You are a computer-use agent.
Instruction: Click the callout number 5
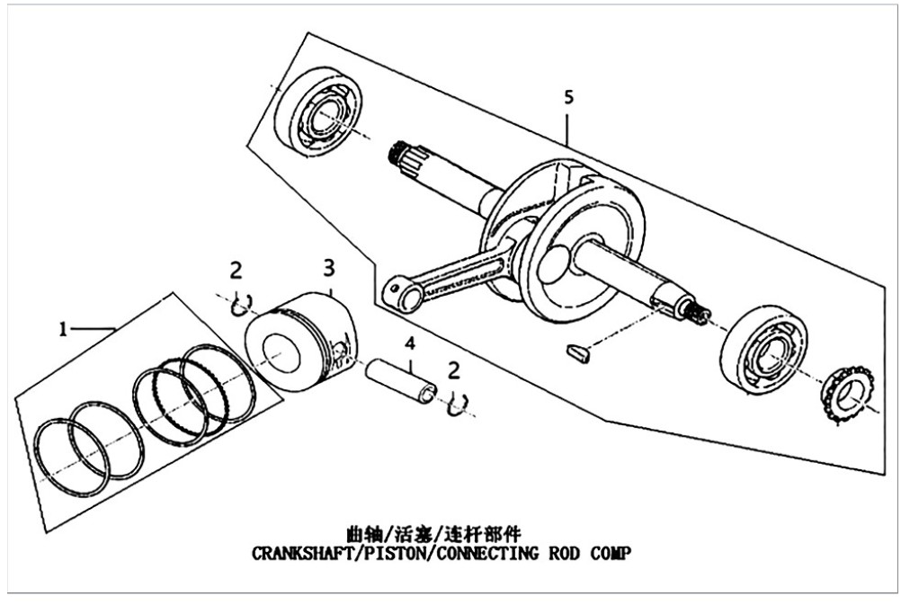(x=568, y=97)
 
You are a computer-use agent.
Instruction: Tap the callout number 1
(x=63, y=329)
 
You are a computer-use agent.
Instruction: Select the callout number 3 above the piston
(x=329, y=268)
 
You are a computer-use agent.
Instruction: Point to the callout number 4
(x=410, y=343)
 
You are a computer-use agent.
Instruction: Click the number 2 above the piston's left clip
(x=236, y=270)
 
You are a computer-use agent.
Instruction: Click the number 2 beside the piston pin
(x=454, y=370)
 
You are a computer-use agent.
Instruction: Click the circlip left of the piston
(x=241, y=307)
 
